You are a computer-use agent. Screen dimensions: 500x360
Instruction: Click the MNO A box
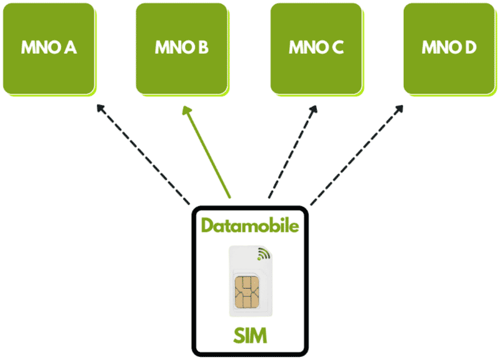[49, 49]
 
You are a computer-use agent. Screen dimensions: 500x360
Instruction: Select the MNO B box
[182, 49]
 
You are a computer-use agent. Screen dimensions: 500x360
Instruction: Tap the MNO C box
[317, 49]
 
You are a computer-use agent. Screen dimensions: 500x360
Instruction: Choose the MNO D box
[449, 49]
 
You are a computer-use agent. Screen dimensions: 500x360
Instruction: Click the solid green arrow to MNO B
[206, 152]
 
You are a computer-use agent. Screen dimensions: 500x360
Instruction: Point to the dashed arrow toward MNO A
[143, 154]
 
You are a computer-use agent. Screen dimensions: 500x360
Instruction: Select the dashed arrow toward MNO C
[292, 152]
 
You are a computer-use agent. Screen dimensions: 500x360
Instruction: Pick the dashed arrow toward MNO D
[357, 154]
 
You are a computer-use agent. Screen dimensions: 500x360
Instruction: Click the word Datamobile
[250, 225]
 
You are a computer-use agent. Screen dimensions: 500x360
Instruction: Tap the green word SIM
[250, 336]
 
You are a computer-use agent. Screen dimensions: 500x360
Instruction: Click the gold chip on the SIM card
[246, 292]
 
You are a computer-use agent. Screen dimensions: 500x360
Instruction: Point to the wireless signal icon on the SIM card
[264, 254]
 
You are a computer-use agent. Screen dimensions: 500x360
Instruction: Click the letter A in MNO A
[70, 47]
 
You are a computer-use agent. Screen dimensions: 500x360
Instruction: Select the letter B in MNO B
[202, 47]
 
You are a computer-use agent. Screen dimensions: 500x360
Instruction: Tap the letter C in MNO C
[337, 47]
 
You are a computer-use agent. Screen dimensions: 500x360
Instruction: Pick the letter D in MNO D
[471, 47]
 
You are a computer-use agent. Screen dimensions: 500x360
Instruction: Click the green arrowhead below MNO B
[187, 111]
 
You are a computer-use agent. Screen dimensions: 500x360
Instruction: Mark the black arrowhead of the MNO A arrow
[101, 108]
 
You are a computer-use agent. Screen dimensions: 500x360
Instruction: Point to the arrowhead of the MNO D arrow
[399, 109]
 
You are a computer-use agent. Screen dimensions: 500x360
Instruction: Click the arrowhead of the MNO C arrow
[314, 109]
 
